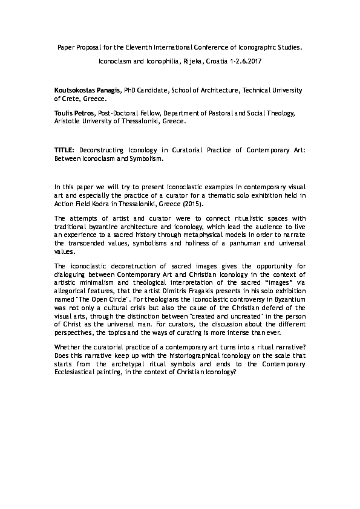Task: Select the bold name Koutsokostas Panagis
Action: click(x=88, y=89)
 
